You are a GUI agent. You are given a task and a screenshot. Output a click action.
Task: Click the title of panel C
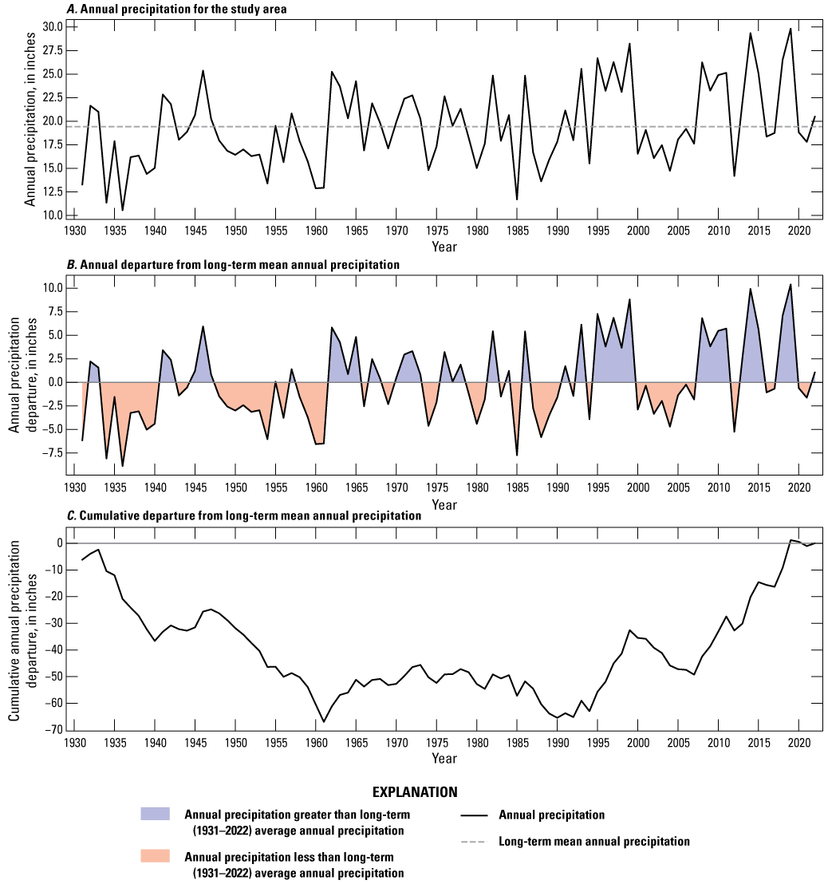pos(244,516)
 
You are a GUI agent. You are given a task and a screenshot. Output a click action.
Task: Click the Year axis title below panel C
pos(444,758)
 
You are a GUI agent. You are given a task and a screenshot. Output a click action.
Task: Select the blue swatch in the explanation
pos(160,814)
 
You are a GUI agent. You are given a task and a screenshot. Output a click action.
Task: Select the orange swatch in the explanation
pos(160,856)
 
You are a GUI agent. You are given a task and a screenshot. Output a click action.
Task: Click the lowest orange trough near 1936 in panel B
pos(122,466)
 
